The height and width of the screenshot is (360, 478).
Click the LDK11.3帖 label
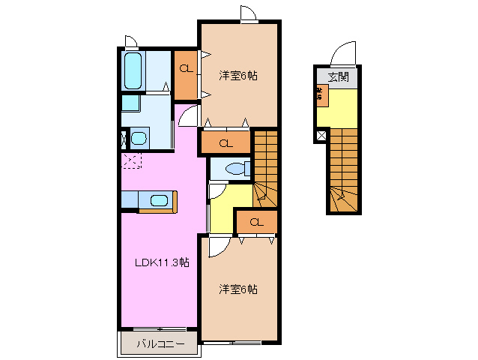pos(161,262)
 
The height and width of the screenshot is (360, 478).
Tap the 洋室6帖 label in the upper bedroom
pos(238,75)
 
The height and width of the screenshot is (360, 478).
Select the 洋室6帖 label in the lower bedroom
pos(238,289)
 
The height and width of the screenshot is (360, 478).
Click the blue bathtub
pos(133,72)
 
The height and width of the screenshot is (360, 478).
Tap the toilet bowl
pos(232,169)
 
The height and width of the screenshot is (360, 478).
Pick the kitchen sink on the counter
pos(159,200)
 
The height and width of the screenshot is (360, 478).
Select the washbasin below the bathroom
pos(139,139)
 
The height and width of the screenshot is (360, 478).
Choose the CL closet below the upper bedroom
pos(224,142)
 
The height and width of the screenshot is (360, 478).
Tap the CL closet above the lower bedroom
pos(255,222)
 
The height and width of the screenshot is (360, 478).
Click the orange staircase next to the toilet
pos(264,169)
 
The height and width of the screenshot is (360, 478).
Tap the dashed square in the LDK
pos(132,160)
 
